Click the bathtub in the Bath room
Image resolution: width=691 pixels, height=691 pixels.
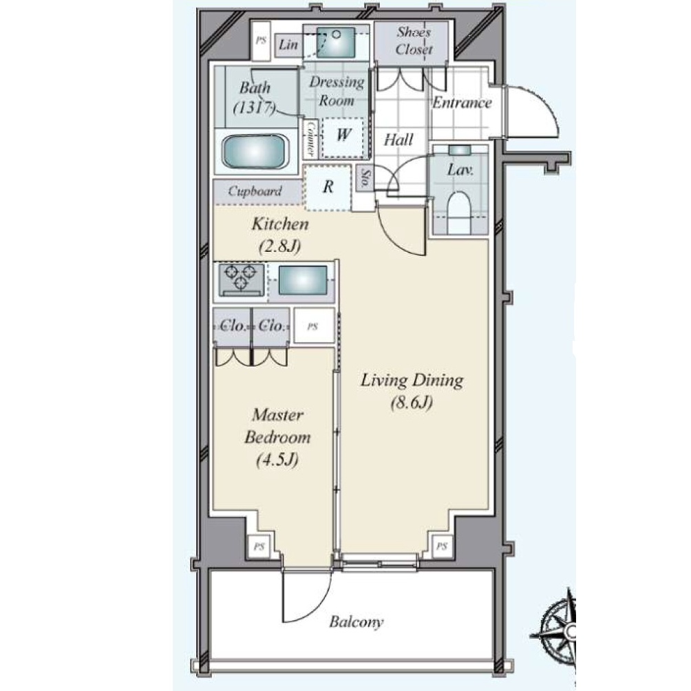(x=254, y=151)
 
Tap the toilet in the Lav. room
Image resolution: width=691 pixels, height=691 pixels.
(x=460, y=211)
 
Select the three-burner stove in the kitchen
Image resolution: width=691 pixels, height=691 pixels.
(x=241, y=279)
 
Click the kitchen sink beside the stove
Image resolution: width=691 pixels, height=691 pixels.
(x=303, y=280)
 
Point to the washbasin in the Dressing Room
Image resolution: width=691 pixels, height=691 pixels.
(x=336, y=42)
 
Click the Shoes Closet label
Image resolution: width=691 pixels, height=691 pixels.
(x=414, y=41)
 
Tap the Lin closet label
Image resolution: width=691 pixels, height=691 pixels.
(x=288, y=45)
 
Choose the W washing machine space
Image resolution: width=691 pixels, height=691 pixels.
(x=344, y=138)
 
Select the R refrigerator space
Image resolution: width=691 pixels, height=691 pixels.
(x=328, y=187)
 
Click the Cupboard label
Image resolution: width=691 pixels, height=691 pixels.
(x=255, y=191)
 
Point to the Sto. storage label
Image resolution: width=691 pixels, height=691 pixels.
(x=365, y=178)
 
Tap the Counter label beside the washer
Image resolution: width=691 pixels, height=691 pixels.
(x=310, y=139)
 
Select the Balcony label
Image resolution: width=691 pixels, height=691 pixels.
(x=356, y=622)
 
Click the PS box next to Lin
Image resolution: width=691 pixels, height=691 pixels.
(x=261, y=41)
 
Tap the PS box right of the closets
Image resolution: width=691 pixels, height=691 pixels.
(x=313, y=326)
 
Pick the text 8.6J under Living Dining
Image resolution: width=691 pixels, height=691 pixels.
(x=412, y=403)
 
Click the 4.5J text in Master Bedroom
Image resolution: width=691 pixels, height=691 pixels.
(x=277, y=460)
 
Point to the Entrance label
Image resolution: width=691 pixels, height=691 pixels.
(x=461, y=103)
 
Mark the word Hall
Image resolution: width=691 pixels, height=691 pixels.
(x=398, y=140)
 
